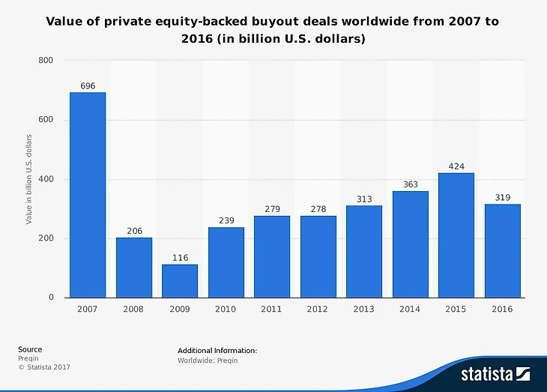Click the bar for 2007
[x=88, y=195]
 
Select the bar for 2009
[x=180, y=281]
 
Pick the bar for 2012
[x=318, y=256]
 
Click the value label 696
[x=88, y=86]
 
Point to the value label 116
[x=180, y=258]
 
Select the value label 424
[x=456, y=166]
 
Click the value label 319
[x=503, y=198]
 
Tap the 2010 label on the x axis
[x=226, y=309]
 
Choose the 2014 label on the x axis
[x=410, y=309]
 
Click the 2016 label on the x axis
[x=503, y=309]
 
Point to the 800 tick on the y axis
[x=46, y=60]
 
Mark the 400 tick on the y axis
[x=46, y=179]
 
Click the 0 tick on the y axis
[x=52, y=298]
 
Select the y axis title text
[x=28, y=179]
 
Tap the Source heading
[x=30, y=349]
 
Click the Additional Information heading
[x=217, y=350]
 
